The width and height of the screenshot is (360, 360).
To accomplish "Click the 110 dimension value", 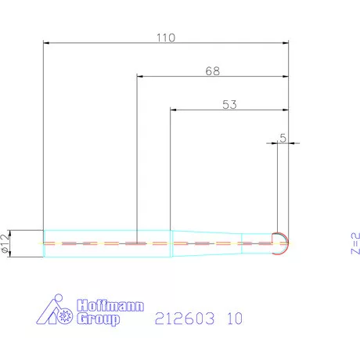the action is [166, 38].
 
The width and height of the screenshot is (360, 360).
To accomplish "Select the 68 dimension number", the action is [213, 71].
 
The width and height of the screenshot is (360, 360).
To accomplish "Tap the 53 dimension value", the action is [229, 105].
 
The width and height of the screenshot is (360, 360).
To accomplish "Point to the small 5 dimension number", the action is [283, 138].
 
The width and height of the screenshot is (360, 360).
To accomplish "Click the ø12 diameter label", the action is [5, 243].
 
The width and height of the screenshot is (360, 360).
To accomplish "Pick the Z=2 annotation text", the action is [355, 243].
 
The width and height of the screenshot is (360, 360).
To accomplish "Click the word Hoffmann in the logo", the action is [110, 305].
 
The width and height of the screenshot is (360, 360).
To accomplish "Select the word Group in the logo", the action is [99, 319].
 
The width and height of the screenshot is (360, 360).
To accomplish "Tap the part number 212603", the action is [185, 319].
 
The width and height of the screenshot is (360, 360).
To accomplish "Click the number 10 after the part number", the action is [235, 319].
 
